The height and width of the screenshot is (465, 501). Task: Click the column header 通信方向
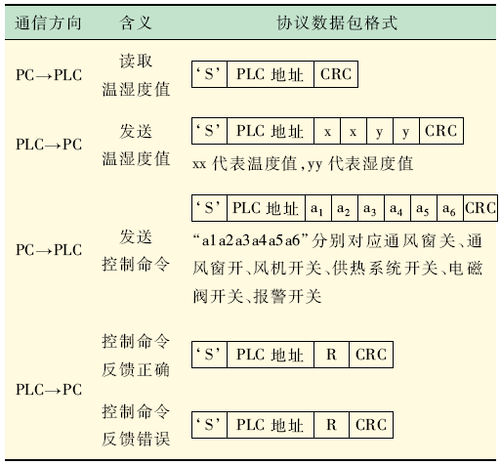coord(48,23)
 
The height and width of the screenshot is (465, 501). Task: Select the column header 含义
coord(136,23)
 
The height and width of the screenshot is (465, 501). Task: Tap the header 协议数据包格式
coord(337,23)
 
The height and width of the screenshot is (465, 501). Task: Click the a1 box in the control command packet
coord(318,208)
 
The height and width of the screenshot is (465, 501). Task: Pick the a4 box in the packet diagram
coord(397,208)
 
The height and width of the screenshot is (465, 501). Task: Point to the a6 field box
coord(450,208)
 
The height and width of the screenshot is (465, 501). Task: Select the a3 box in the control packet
coord(371,208)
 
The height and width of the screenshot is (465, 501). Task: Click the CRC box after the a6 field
coord(480,208)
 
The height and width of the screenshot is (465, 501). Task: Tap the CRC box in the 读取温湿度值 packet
coord(336,74)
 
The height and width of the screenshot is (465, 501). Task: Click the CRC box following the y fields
coord(441,131)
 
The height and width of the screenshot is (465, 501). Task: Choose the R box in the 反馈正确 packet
coord(332,355)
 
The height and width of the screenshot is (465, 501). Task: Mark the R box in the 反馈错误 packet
coord(332,425)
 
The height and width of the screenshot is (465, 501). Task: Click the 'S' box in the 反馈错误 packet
coord(209,425)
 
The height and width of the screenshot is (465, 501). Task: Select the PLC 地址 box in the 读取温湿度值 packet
coord(271,74)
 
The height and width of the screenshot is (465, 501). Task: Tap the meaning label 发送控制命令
coord(136,250)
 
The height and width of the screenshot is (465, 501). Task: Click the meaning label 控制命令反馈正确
coord(136,356)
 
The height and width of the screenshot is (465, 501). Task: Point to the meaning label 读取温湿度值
coord(136,75)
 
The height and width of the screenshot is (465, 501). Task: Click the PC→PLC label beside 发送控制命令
coord(49,250)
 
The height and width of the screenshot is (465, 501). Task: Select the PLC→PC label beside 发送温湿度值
coord(49,145)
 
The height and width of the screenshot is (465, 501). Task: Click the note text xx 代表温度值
coord(244,163)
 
